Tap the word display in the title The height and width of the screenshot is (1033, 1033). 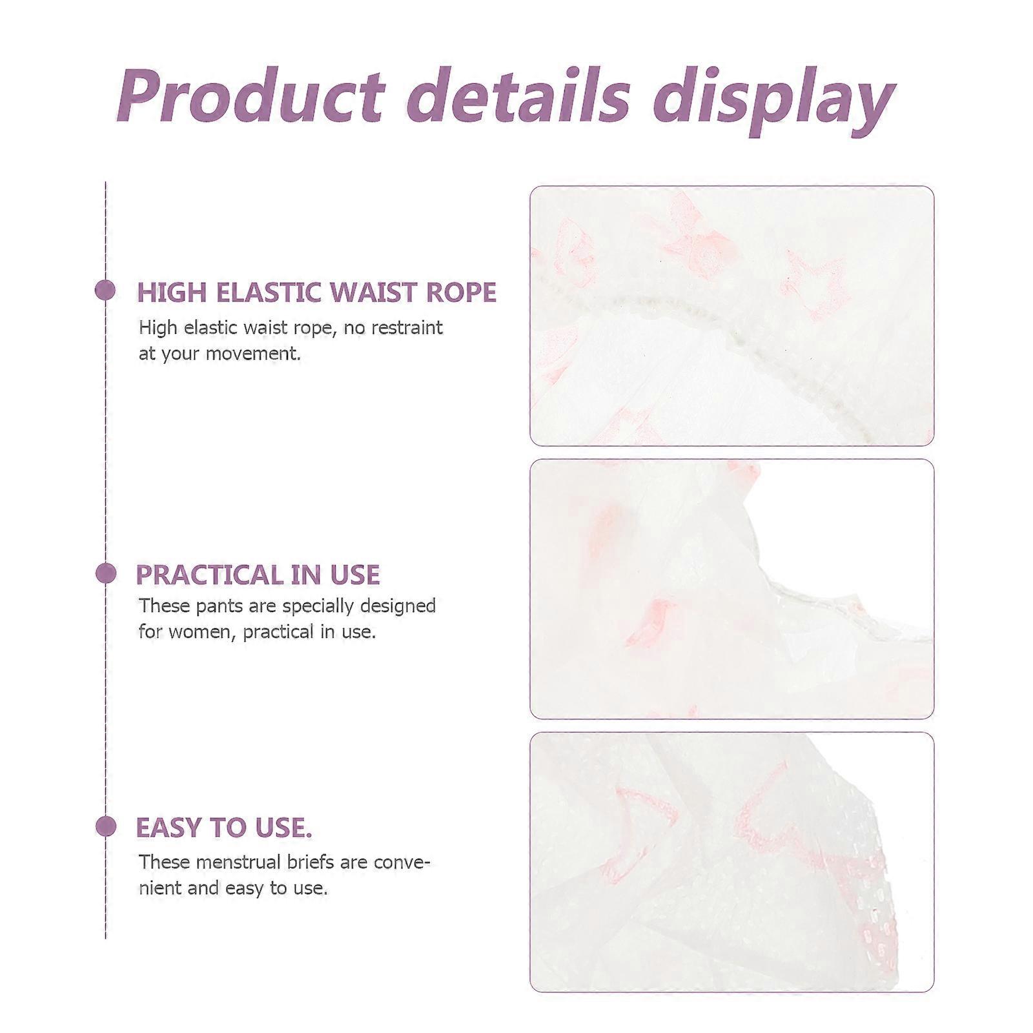coord(772,102)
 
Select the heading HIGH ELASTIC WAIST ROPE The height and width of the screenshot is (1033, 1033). coord(316,292)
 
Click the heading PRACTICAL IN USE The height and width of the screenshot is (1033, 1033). coord(258,575)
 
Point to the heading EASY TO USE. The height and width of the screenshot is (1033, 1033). coord(223,827)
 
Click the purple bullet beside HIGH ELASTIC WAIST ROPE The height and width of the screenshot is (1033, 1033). coord(105,290)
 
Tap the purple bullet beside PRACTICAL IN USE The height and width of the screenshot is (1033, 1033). coord(105,573)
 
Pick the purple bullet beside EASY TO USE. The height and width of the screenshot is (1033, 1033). coord(105,826)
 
